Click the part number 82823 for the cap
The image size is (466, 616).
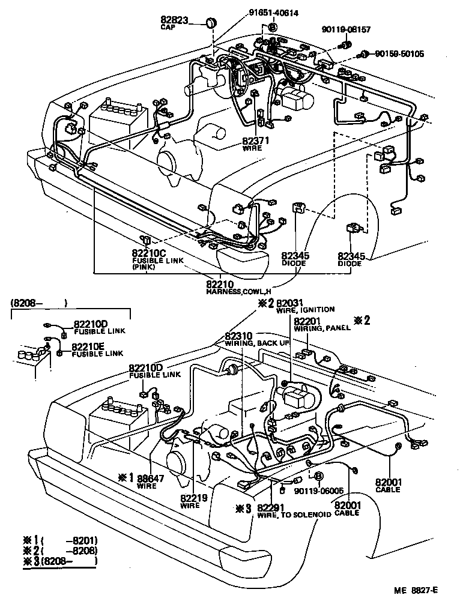(x=174, y=20)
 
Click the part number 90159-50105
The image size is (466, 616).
(x=399, y=54)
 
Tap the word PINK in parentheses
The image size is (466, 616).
(x=144, y=267)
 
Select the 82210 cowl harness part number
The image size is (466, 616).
(x=220, y=284)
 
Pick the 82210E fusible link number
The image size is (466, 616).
(x=89, y=347)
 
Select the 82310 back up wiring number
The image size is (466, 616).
(x=240, y=336)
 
